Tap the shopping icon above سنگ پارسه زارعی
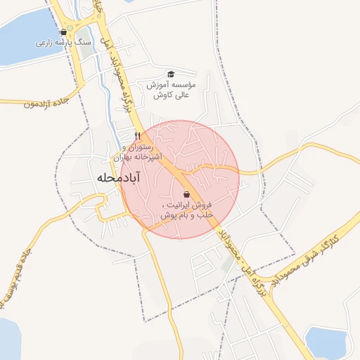(64, 32)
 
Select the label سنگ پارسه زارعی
(64, 43)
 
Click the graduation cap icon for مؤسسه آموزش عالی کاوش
(170, 75)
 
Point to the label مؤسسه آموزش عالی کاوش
(171, 89)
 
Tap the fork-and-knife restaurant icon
(138, 136)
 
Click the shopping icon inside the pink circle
(186, 194)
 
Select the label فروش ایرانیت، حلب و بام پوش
(186, 209)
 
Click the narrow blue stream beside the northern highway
(105, 84)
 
